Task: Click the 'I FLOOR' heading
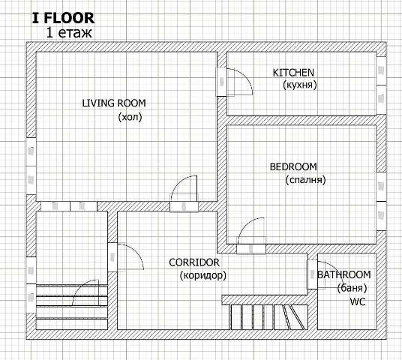(63, 18)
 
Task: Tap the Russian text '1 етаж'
(69, 32)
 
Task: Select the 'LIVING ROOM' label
(114, 103)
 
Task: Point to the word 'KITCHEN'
(293, 73)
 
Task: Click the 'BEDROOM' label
(293, 167)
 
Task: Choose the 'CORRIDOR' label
(194, 262)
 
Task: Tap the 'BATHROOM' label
(344, 274)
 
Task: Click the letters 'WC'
(358, 301)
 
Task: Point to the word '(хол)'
(130, 117)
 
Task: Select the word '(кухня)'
(300, 85)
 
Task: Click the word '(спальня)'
(305, 180)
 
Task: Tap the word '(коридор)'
(203, 275)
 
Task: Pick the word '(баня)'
(352, 288)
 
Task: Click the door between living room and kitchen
(235, 82)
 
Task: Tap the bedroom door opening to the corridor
(251, 236)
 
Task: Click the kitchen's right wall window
(381, 85)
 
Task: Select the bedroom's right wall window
(381, 201)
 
